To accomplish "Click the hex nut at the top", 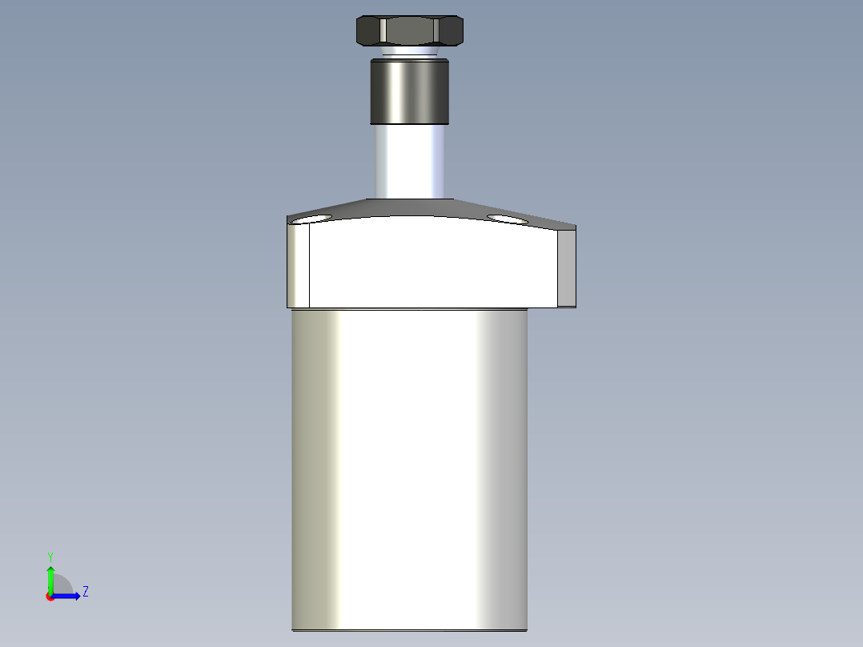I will click(x=409, y=31).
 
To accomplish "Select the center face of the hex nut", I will click(x=409, y=31).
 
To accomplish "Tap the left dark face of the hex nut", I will click(x=368, y=31).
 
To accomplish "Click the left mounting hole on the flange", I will click(x=311, y=219).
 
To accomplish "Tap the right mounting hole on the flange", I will click(x=507, y=219).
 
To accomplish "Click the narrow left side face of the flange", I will click(x=299, y=266).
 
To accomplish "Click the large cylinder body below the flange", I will click(x=409, y=464).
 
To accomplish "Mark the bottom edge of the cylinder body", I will click(x=409, y=630).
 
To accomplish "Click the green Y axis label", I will click(x=50, y=556).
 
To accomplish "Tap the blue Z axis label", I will click(x=85, y=592).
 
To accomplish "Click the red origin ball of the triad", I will click(x=50, y=597).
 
